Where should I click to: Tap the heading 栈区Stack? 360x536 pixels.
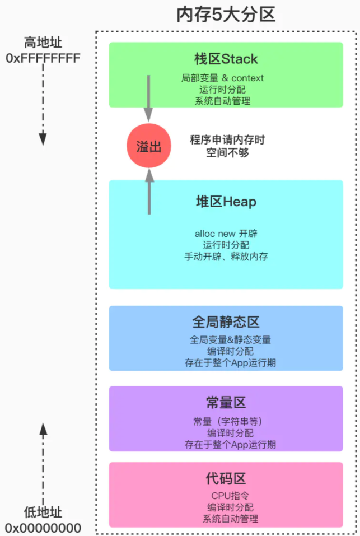pos(226,59)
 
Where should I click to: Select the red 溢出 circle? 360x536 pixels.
pos(149,146)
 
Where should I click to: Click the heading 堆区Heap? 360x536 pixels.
pos(226,202)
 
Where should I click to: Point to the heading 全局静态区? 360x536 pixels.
pos(226,323)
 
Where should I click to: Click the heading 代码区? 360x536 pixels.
pos(226,478)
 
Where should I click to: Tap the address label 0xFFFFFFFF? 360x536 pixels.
pos(43,58)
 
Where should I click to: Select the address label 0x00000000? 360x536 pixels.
pos(43,528)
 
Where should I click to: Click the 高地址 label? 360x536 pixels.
pos(43,43)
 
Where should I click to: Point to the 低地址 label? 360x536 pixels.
pos(43,512)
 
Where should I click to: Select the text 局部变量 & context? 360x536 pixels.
pos(223,78)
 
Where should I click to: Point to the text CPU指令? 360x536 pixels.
pos(226,496)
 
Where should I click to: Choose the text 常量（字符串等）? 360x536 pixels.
pos(226,421)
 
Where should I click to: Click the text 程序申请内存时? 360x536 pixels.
pos(227,140)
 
